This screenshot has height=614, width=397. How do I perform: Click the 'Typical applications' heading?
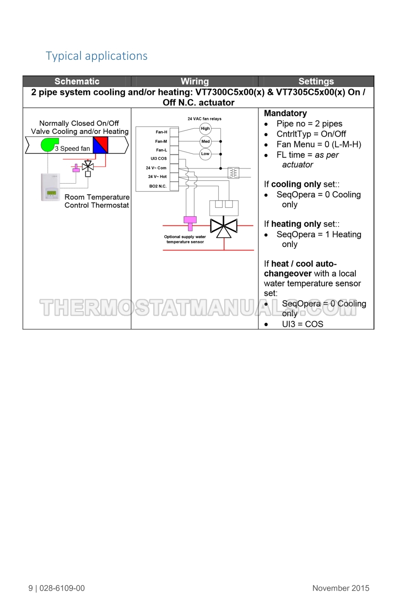coord(97,56)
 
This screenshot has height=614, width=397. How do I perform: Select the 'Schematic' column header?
coord(77,81)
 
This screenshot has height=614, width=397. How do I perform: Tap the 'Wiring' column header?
coord(195,81)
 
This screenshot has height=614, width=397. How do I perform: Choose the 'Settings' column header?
coord(316,81)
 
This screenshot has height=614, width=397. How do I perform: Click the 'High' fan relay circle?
coord(205,128)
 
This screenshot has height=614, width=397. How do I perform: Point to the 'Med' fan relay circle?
coord(206,141)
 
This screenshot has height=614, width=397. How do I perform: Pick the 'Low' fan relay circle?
coord(205,154)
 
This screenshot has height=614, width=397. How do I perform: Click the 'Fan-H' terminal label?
coord(161,132)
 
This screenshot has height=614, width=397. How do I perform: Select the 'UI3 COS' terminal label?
coord(159,158)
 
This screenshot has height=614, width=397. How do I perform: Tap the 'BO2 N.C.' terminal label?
coord(158,186)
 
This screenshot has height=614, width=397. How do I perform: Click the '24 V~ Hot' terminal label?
coord(157,176)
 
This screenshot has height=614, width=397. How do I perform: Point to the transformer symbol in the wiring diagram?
coord(233,173)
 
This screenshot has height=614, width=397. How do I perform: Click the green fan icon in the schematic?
coord(49,145)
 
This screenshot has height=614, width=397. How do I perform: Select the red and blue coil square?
coord(100,145)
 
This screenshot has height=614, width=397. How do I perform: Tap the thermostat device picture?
coord(50,187)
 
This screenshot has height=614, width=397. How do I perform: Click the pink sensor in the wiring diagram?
coord(190,223)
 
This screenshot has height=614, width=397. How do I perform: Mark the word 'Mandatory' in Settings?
coord(285,113)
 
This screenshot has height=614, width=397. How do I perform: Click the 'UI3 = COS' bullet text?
coord(303,324)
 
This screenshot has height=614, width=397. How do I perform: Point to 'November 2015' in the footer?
coord(341,588)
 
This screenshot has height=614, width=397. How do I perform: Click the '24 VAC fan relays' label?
coord(205,119)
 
